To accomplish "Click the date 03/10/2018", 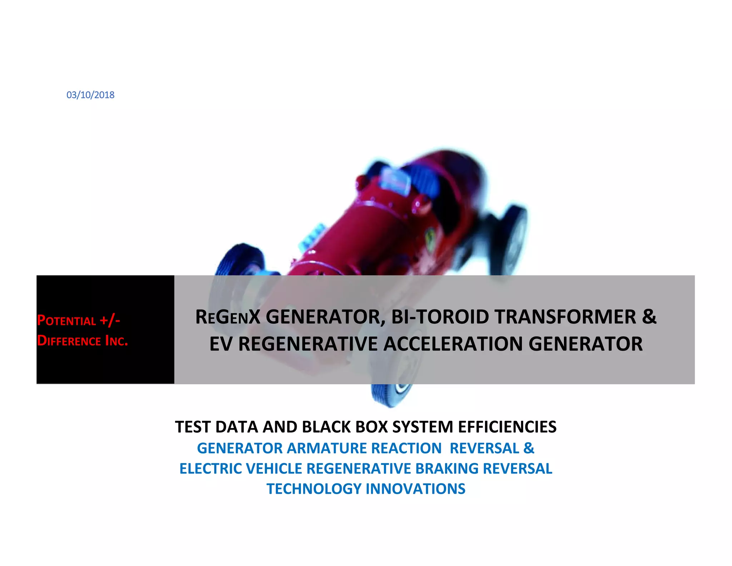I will (90, 95).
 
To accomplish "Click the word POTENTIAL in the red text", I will (66, 320).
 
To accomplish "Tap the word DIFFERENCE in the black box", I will (69, 341).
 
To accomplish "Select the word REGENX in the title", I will (228, 317).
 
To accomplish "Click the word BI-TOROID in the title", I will (440, 317).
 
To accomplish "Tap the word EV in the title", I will (221, 344).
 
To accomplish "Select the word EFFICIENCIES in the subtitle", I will (507, 427).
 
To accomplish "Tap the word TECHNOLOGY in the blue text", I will (314, 489).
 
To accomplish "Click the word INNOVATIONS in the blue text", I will (415, 489).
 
